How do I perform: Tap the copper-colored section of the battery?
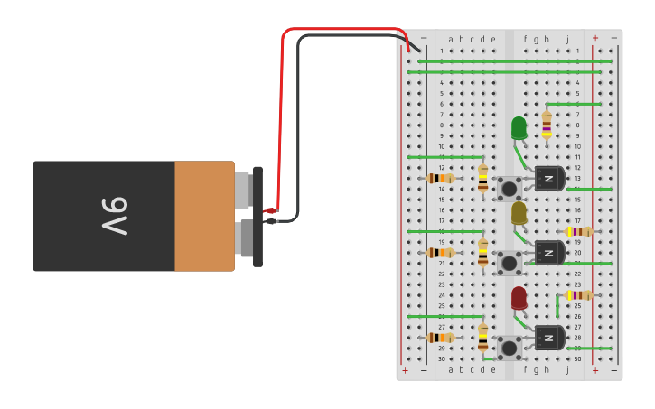pos(204,216)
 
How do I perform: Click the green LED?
pos(519,127)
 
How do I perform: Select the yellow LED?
pos(519,213)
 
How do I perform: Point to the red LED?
pos(519,297)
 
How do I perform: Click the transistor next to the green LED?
pos(548,179)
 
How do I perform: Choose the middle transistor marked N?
pos(548,253)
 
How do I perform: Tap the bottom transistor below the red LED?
pos(548,338)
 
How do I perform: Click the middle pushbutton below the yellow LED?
pos(510,263)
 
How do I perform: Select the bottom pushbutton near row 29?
pos(510,348)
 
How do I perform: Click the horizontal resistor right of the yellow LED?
pos(579,231)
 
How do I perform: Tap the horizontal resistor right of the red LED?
pos(579,295)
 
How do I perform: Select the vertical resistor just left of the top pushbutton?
pos(482,179)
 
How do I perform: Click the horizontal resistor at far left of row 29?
pos(440,338)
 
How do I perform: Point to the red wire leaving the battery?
pos(282,108)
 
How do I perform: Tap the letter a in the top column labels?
pos(451,39)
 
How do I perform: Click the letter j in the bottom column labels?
pos(567,369)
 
